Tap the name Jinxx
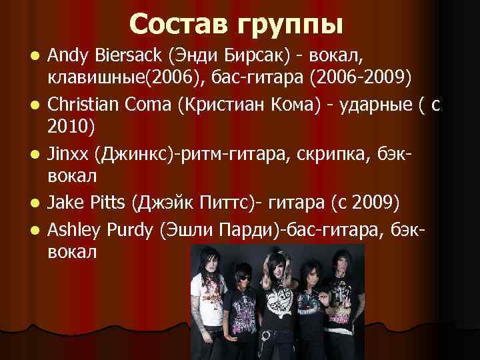tap(70, 153)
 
